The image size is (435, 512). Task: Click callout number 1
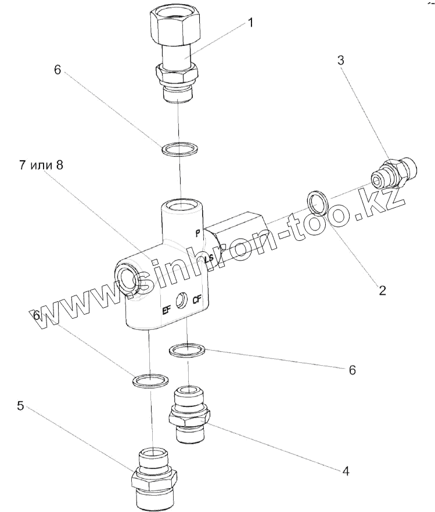click(x=250, y=23)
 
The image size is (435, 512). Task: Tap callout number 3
click(x=341, y=61)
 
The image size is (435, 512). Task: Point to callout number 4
click(x=345, y=471)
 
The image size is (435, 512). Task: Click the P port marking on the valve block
click(x=197, y=233)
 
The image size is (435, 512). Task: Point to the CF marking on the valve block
click(x=197, y=301)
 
